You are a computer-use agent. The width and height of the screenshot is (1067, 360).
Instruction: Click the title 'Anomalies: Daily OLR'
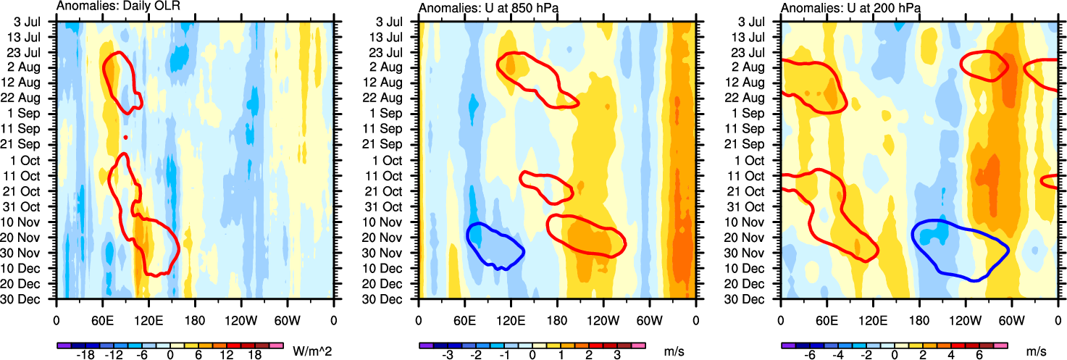tap(118, 7)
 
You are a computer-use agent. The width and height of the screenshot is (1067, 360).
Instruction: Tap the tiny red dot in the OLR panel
tap(125, 137)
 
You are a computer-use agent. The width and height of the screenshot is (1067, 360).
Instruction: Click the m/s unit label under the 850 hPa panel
tap(674, 351)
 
